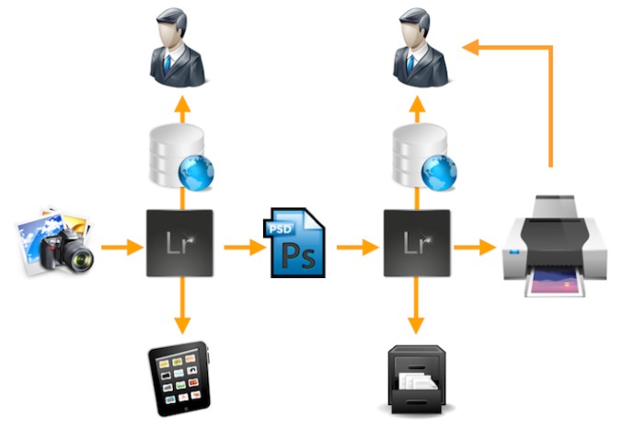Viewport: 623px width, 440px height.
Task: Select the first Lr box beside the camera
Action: point(180,244)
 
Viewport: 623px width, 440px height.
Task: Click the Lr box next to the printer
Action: point(416,244)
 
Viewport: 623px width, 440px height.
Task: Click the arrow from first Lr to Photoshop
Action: point(240,247)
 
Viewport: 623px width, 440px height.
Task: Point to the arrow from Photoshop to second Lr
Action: point(357,247)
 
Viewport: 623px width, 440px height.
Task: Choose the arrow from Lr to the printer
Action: point(474,247)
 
